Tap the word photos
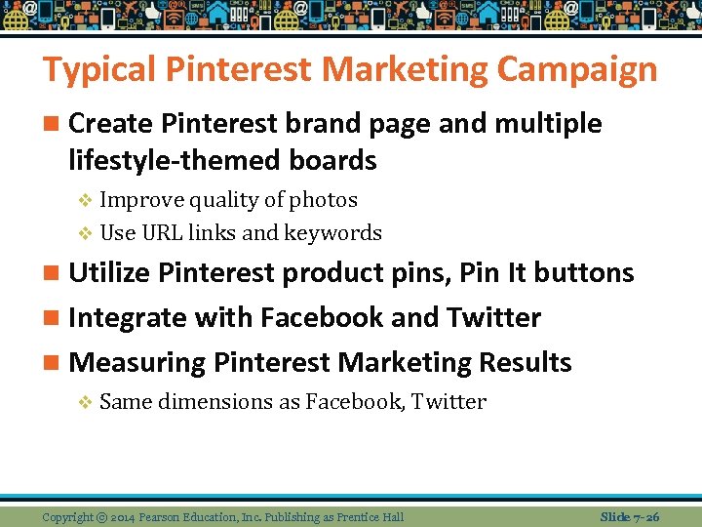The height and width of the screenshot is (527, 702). (x=325, y=200)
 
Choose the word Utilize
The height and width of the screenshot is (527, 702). (x=110, y=272)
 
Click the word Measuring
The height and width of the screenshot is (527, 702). (x=138, y=363)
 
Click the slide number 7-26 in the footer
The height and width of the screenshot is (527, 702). (x=643, y=515)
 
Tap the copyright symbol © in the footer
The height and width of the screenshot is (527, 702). (x=102, y=516)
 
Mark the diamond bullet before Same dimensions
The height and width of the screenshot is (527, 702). (x=84, y=402)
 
